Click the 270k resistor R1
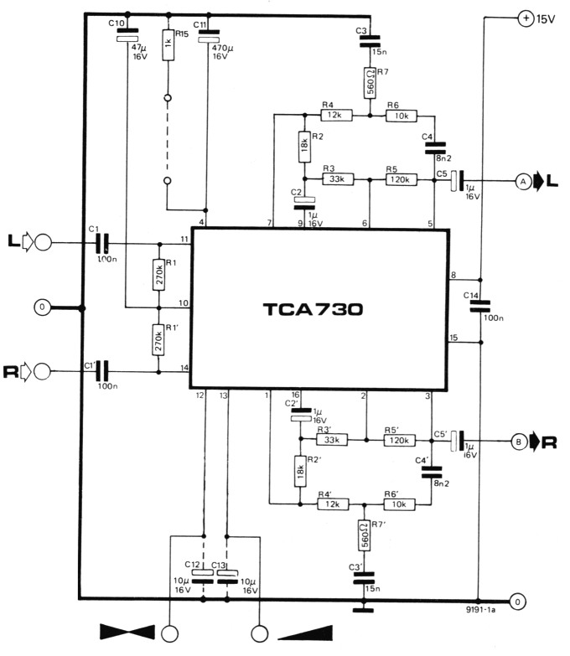tap(158, 273)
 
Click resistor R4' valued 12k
tap(333, 504)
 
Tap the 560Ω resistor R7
tap(370, 83)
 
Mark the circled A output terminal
tap(521, 179)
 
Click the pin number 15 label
tap(453, 337)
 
